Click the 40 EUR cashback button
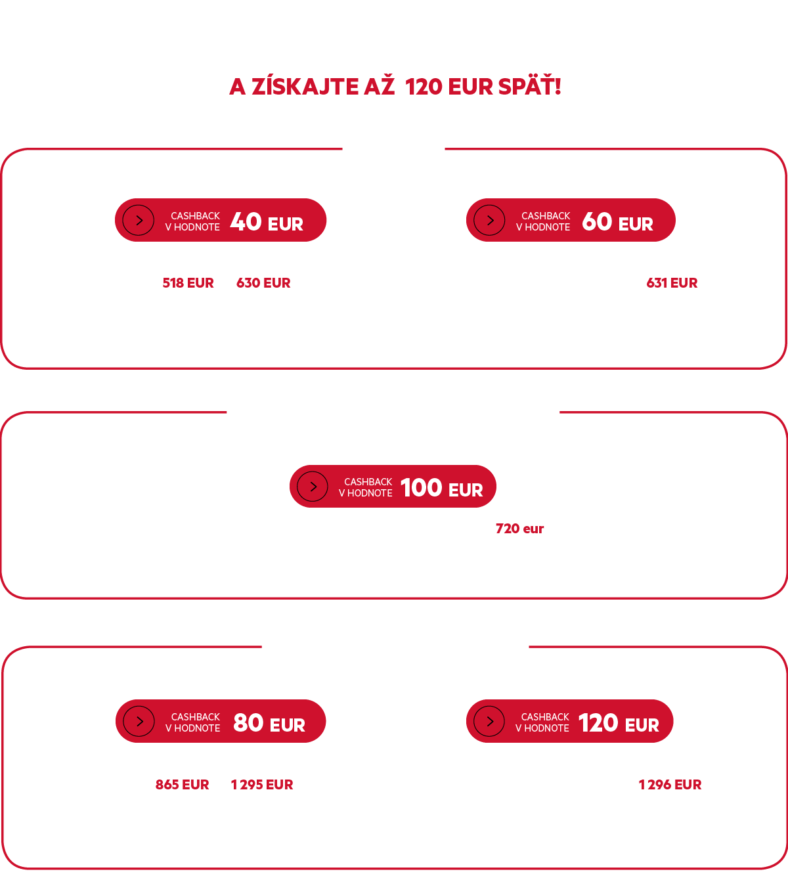click(221, 220)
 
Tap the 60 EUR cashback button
click(571, 220)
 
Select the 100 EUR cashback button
click(393, 486)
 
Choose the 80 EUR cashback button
click(221, 720)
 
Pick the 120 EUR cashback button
click(570, 720)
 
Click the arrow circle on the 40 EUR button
click(138, 220)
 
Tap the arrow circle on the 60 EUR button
click(489, 220)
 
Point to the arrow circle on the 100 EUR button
click(313, 487)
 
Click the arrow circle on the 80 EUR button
click(139, 721)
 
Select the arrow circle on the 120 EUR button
click(489, 721)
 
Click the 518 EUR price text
click(188, 283)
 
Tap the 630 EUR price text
click(263, 283)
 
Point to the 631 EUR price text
click(672, 283)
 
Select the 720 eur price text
click(519, 528)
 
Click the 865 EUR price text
click(183, 784)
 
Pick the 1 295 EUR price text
click(262, 784)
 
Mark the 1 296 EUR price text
click(670, 784)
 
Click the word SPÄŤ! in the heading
click(529, 85)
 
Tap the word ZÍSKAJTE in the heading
click(305, 86)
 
